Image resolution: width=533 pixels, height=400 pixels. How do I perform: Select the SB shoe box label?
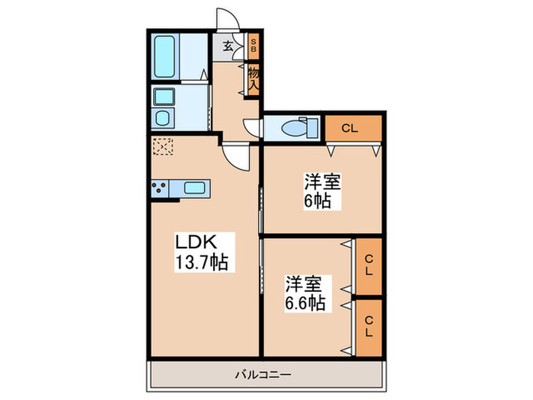click(254, 46)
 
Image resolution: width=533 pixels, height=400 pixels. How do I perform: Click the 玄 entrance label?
click(228, 46)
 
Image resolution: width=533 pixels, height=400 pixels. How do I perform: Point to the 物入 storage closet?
click(254, 79)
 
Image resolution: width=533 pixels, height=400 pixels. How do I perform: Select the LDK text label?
click(197, 243)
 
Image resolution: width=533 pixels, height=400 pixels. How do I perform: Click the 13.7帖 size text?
click(202, 263)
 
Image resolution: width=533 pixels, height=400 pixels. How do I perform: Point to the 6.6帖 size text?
click(307, 303)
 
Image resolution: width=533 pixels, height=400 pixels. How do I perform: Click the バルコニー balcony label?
click(264, 374)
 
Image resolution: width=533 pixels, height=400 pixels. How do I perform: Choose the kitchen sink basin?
click(195, 187)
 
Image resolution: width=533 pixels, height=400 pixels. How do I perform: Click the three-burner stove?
click(160, 187)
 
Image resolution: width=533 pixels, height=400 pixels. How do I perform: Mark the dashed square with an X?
click(162, 146)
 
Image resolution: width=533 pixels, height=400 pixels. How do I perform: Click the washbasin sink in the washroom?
click(164, 117)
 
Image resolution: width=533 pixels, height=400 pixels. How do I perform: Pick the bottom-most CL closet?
click(368, 327)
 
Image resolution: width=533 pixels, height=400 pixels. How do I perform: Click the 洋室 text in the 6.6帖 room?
click(304, 284)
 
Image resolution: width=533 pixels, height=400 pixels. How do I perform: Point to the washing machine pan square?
click(164, 97)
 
